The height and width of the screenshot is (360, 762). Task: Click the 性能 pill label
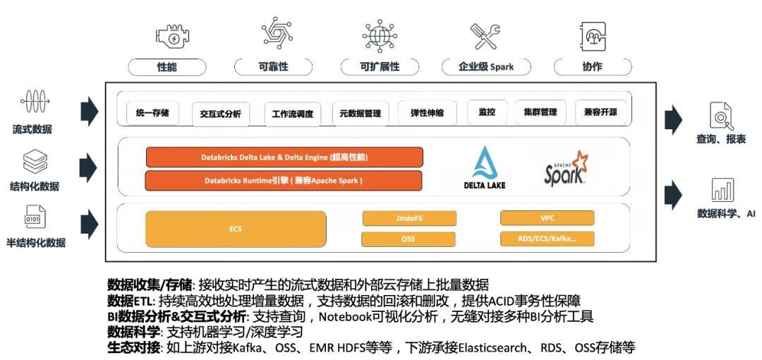[x=167, y=67]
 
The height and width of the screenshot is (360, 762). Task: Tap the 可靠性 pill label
[x=273, y=67]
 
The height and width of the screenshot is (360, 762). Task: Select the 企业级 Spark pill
[x=486, y=67]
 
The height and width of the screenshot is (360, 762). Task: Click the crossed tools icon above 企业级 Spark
[x=485, y=35]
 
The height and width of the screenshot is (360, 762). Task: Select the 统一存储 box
[x=152, y=112]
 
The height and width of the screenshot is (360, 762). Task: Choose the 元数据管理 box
[x=360, y=113]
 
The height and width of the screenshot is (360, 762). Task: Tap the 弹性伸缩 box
[x=427, y=113]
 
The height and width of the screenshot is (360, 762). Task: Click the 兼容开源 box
[x=600, y=112]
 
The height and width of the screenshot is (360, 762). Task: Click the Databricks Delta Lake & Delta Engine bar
[x=284, y=157]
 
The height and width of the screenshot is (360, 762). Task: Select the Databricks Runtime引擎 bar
[x=284, y=181]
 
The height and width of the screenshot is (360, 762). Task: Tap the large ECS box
[x=236, y=229]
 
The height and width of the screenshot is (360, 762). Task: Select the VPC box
[x=547, y=218]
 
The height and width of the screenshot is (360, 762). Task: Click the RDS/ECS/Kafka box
[x=547, y=239]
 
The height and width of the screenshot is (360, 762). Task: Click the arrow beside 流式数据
[x=89, y=111]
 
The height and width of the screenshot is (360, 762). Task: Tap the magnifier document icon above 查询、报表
[x=721, y=114]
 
